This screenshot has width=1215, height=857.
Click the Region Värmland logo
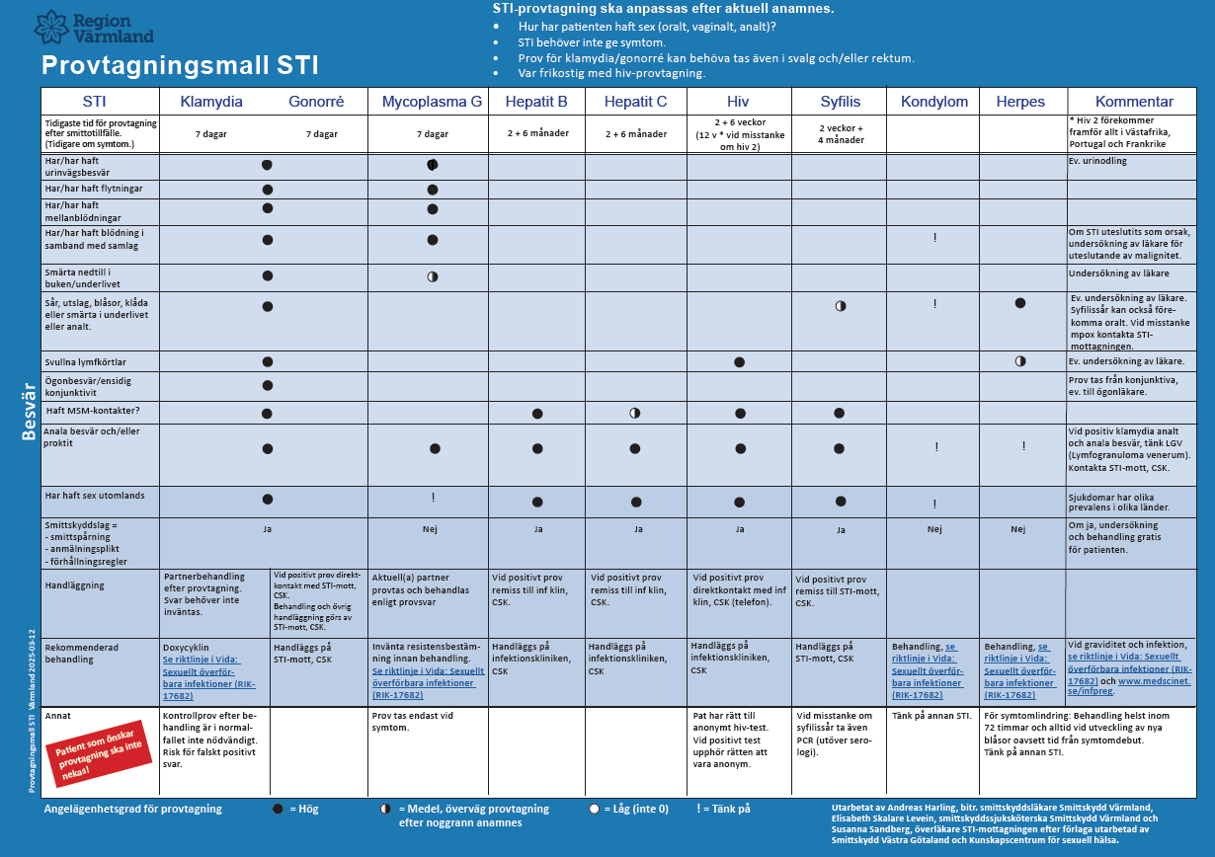click(x=94, y=28)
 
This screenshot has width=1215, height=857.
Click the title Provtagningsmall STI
click(x=180, y=66)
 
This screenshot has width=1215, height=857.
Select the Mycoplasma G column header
click(x=432, y=102)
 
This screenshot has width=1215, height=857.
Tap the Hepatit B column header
click(x=536, y=102)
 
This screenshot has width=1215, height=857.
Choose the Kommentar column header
click(x=1134, y=102)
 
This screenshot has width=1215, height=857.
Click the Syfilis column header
click(x=840, y=102)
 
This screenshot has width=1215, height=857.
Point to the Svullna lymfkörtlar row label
click(x=86, y=362)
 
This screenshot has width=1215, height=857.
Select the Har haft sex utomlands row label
click(x=95, y=495)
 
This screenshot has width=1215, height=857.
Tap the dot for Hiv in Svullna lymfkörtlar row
click(x=739, y=362)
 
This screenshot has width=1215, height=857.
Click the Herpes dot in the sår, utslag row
click(x=1019, y=303)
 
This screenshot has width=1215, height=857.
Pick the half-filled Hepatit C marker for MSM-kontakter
click(x=635, y=413)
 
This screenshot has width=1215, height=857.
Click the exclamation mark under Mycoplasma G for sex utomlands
click(x=432, y=498)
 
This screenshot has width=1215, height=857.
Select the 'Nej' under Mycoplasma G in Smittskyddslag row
click(x=430, y=529)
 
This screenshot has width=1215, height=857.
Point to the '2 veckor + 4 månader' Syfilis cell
click(x=840, y=134)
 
